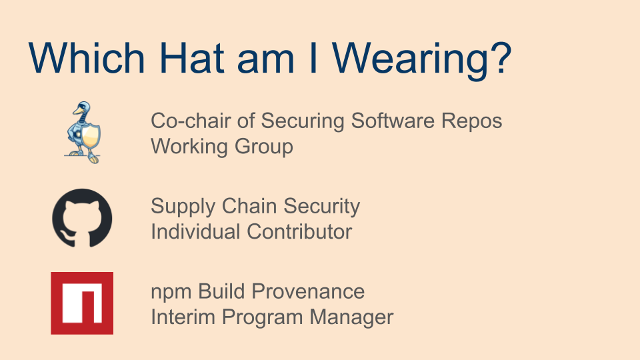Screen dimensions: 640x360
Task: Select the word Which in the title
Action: pyautogui.click(x=87, y=57)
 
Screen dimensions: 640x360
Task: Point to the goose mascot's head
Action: pyautogui.click(x=83, y=108)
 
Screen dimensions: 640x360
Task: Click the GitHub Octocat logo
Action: pyautogui.click(x=82, y=218)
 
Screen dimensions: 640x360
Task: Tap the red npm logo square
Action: pyautogui.click(x=82, y=303)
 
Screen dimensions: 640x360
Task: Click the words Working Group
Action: pyautogui.click(x=222, y=147)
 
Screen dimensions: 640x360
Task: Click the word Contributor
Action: pyautogui.click(x=299, y=232)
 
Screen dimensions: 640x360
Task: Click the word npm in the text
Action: pyautogui.click(x=171, y=292)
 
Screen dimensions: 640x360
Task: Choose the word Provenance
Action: pyautogui.click(x=308, y=291)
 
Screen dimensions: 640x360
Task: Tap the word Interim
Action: pyautogui.click(x=183, y=317)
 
